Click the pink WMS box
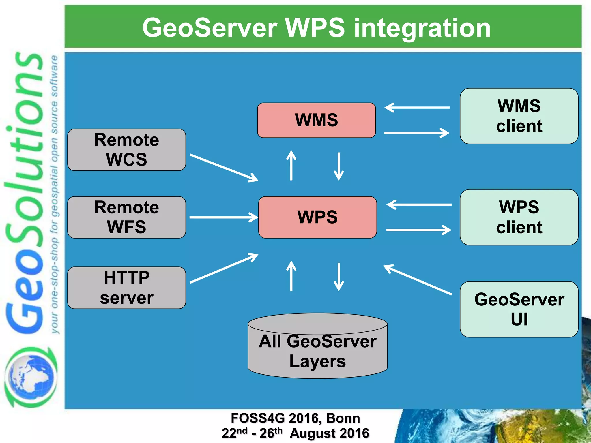[316, 120]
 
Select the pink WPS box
[317, 217]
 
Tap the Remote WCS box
[126, 150]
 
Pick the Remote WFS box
[126, 217]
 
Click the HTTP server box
[126, 288]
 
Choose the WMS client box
[519, 116]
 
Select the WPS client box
[519, 217]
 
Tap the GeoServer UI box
[519, 309]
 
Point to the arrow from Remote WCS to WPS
[224, 168]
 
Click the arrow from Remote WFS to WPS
[224, 217]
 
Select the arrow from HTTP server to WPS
[224, 268]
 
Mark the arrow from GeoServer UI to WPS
[418, 280]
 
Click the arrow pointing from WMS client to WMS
[417, 108]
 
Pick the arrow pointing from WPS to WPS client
[418, 230]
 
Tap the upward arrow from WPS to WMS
[291, 166]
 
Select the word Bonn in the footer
[343, 418]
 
